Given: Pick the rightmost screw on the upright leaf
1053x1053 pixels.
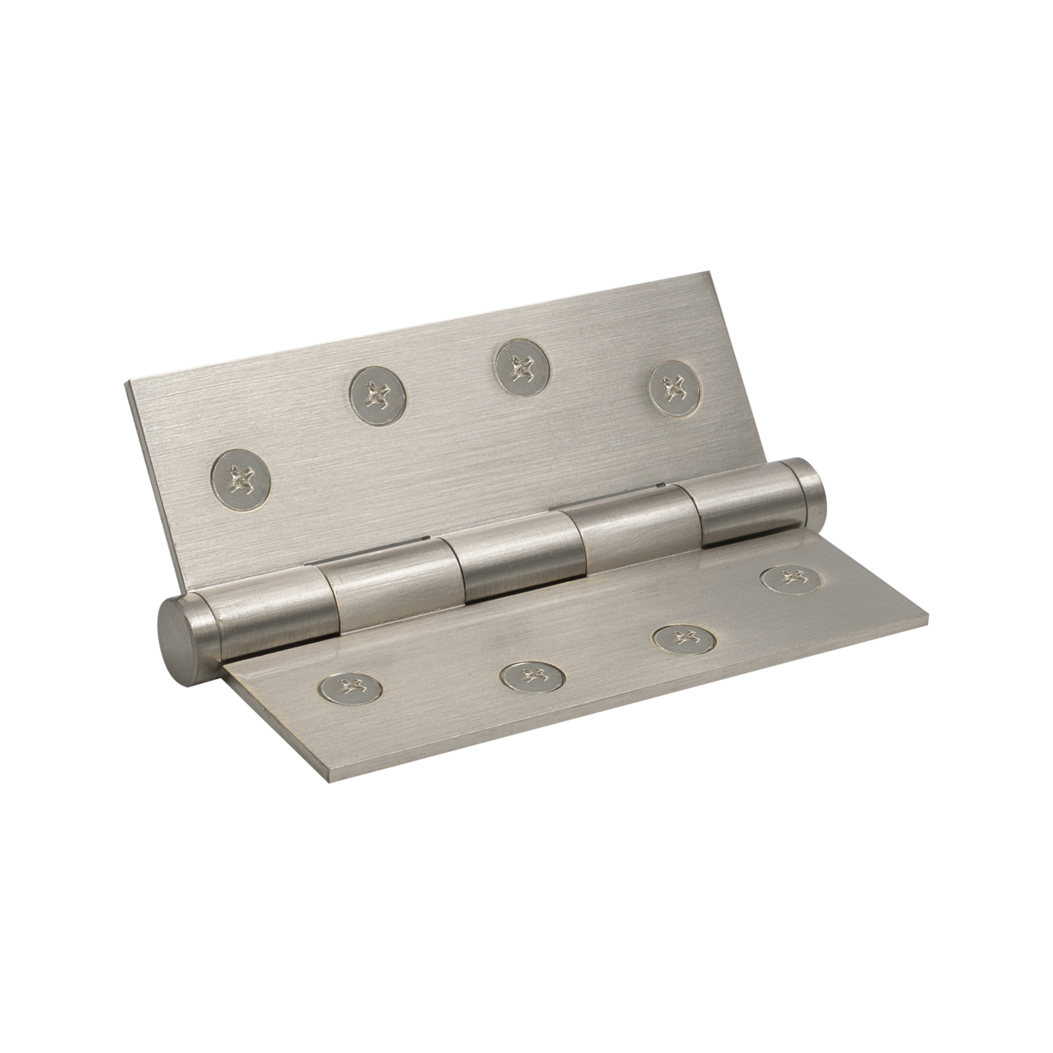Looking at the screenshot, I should [x=675, y=388].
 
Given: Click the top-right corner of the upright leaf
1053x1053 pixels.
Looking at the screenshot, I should [x=710, y=273].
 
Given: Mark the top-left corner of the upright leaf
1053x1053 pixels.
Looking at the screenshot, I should [x=126, y=382].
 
